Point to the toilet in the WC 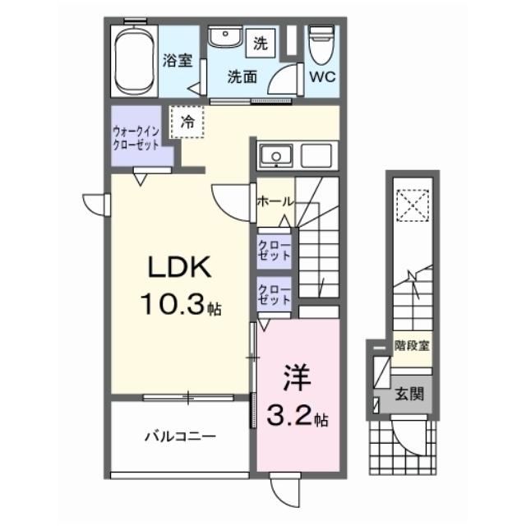[321, 44]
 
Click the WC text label [321, 79]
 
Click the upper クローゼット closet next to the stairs [275, 249]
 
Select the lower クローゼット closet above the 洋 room [275, 295]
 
